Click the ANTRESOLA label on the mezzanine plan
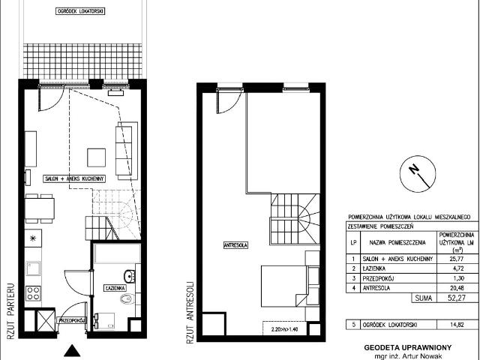coord(235,245)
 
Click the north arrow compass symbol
coord(414,173)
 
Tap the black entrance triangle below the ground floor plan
coord(72,349)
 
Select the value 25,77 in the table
coord(454,259)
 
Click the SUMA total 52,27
coord(454,298)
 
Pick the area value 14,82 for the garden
coord(454,324)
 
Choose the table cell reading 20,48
coord(454,287)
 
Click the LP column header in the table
coord(352,242)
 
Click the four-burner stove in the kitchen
coord(34,293)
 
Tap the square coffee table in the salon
coord(97,157)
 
